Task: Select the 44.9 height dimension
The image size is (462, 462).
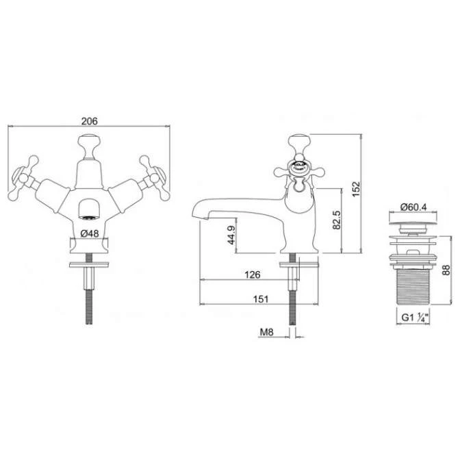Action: click(231, 235)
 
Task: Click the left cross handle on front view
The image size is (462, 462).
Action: click(25, 171)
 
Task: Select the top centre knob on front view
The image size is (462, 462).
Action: click(88, 144)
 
